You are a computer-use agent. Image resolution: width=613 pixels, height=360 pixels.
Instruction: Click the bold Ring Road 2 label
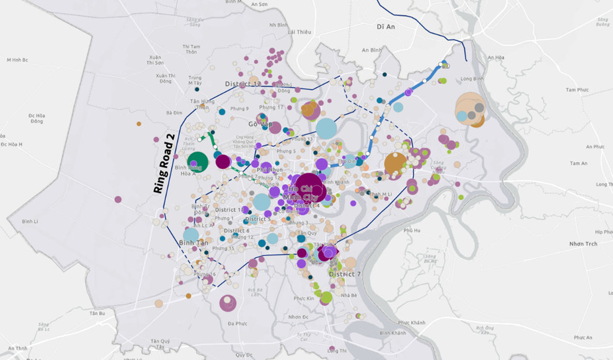click(x=165, y=163)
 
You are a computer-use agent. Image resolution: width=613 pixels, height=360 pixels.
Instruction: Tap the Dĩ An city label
click(x=385, y=26)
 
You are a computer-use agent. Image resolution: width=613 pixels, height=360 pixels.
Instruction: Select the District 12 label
click(x=243, y=84)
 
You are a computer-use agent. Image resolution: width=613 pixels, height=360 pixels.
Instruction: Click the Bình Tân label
click(x=193, y=243)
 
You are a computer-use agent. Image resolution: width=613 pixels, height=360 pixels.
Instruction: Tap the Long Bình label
click(x=471, y=79)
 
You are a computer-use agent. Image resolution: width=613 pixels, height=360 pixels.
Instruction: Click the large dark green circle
click(x=198, y=162)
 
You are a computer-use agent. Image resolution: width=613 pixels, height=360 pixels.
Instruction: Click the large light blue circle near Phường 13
click(x=326, y=128)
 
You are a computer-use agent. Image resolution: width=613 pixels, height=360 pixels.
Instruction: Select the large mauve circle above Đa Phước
click(x=228, y=303)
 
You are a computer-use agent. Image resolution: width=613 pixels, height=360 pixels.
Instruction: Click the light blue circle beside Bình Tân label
click(x=191, y=235)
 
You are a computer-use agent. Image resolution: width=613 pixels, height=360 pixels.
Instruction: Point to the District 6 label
click(x=237, y=231)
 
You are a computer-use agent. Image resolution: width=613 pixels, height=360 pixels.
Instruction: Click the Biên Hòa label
click(x=496, y=57)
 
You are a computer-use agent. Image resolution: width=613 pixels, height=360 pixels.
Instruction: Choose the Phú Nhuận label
click(x=270, y=170)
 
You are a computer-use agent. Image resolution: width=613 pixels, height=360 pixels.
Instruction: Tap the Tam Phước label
click(x=577, y=90)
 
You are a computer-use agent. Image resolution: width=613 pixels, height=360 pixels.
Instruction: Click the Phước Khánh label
click(x=412, y=323)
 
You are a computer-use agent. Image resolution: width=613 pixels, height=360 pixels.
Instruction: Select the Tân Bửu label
click(x=97, y=313)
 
